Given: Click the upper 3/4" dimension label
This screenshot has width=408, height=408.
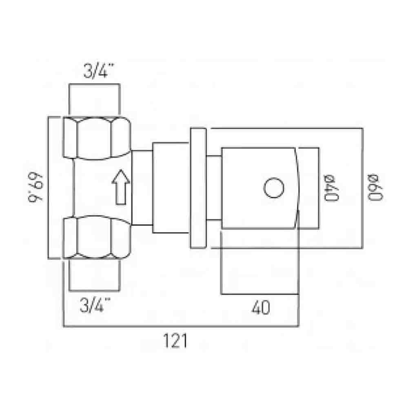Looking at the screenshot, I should click(95, 72).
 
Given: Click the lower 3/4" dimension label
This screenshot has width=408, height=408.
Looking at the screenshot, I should click(95, 305).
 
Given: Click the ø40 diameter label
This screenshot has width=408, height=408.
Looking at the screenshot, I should click(331, 188).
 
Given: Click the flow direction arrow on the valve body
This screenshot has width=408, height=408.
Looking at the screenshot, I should click(121, 186).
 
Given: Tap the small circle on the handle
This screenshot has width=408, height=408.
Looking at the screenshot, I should click(273, 188).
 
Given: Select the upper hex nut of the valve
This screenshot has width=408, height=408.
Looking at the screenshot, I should click(97, 137).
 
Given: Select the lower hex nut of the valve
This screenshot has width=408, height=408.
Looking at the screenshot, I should click(97, 238).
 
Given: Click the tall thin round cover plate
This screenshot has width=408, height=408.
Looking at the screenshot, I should click(198, 188).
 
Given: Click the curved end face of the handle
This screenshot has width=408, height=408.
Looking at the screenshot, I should click(297, 188).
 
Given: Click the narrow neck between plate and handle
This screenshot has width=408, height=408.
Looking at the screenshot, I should click(214, 188).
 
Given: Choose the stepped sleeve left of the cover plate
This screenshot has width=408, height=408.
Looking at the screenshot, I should click(171, 188).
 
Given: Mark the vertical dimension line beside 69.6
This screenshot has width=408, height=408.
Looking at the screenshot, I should click(49, 188).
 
